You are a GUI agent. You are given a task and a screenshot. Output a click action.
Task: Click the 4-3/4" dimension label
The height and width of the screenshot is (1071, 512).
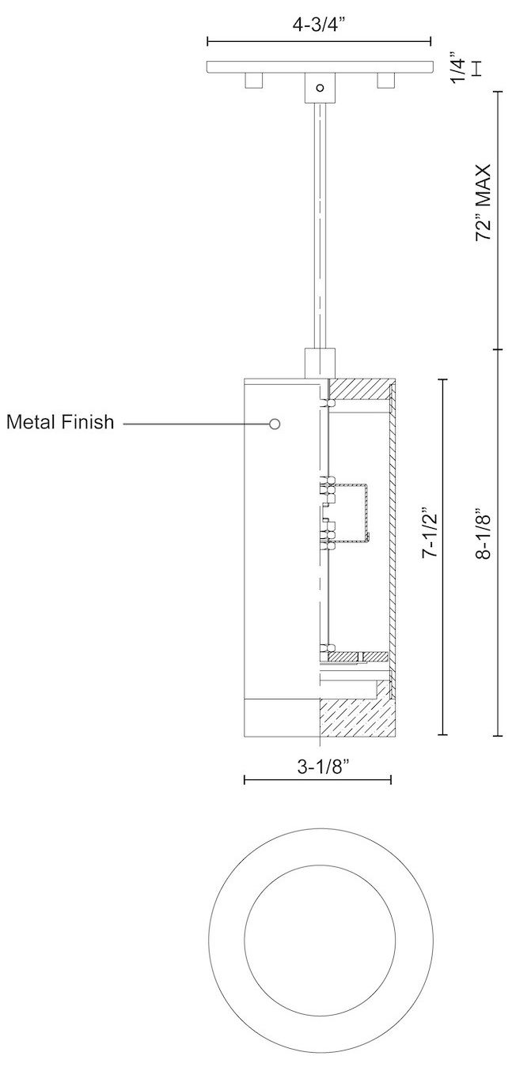pyautogui.click(x=319, y=25)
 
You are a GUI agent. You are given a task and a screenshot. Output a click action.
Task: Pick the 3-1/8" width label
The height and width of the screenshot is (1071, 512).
pyautogui.click(x=319, y=766)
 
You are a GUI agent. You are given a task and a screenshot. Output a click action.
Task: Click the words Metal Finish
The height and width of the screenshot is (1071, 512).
pyautogui.click(x=60, y=423)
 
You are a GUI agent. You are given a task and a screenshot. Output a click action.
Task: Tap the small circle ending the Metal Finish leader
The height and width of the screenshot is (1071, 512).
pyautogui.click(x=275, y=424)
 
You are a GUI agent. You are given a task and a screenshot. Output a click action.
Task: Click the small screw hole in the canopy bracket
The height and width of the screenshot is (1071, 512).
pyautogui.click(x=319, y=89)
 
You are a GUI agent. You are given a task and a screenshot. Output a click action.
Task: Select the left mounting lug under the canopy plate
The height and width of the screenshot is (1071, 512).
pyautogui.click(x=253, y=81)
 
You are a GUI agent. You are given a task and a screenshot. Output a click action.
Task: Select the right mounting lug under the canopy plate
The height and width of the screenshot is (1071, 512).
pyautogui.click(x=385, y=81)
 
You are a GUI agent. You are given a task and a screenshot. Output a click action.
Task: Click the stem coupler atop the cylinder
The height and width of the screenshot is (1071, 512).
pyautogui.click(x=319, y=364)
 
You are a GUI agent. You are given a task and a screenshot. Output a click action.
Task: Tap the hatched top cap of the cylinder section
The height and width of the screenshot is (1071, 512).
pyautogui.click(x=362, y=389)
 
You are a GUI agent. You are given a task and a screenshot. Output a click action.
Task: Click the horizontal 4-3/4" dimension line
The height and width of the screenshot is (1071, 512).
pyautogui.click(x=319, y=40)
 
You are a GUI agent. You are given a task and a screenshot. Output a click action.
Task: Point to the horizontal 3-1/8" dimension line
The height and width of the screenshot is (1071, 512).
pyautogui.click(x=319, y=780)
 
